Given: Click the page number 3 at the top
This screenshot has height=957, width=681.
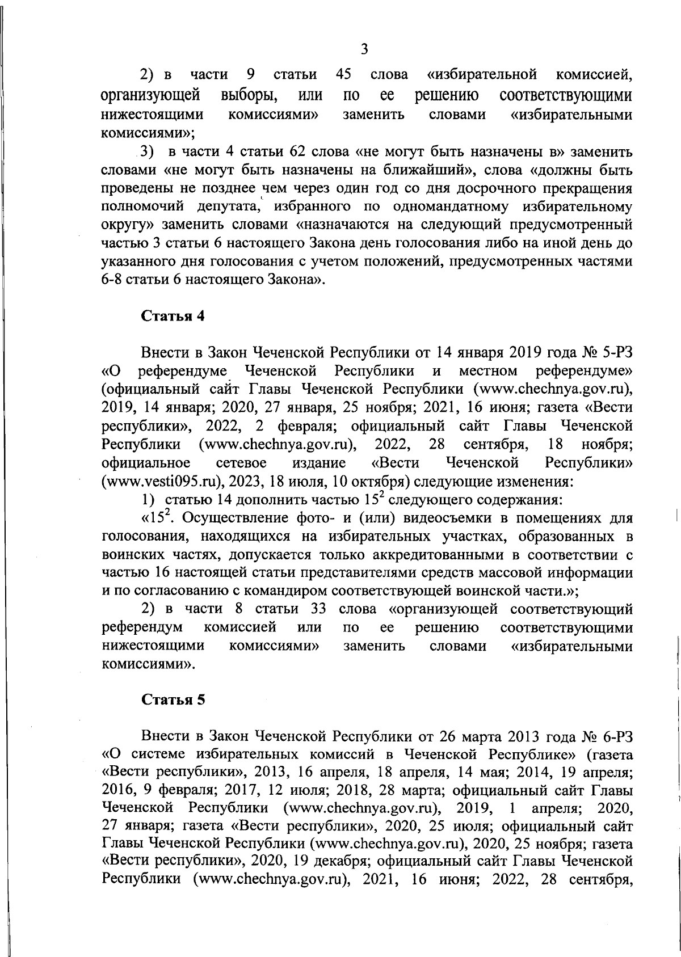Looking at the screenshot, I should (x=364, y=49).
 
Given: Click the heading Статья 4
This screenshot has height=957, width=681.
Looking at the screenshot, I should (x=173, y=317).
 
